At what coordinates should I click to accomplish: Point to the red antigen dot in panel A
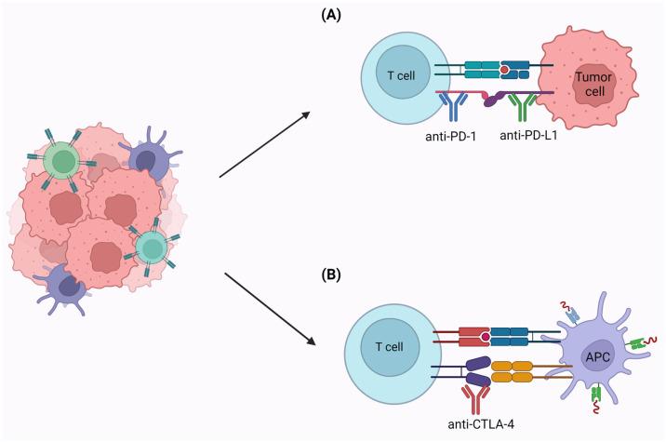[504, 70]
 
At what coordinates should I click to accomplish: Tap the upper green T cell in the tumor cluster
[64, 161]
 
